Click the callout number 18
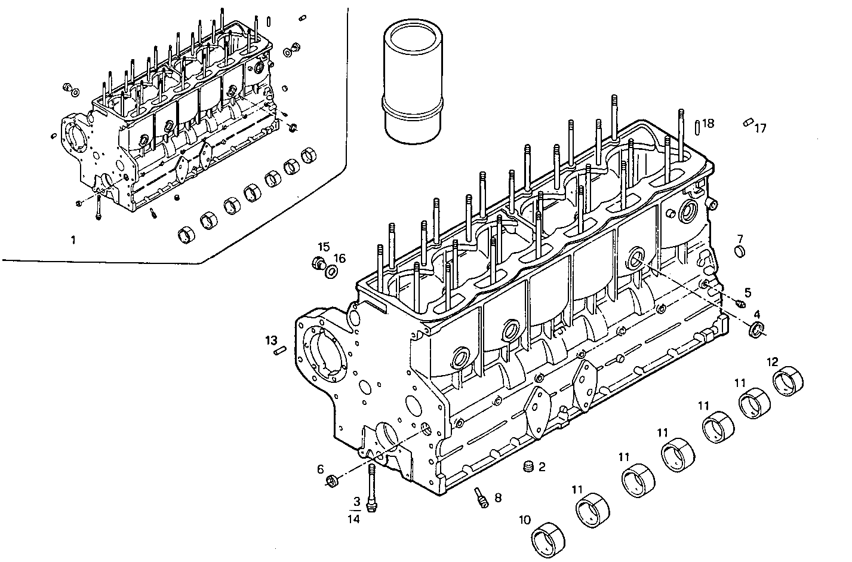point(708,123)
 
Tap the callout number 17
point(760,128)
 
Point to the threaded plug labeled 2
point(527,466)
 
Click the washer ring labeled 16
point(330,273)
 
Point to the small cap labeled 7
point(739,251)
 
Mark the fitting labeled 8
point(481,497)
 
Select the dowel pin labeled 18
point(697,127)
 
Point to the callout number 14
point(354,520)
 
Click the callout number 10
point(524,520)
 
